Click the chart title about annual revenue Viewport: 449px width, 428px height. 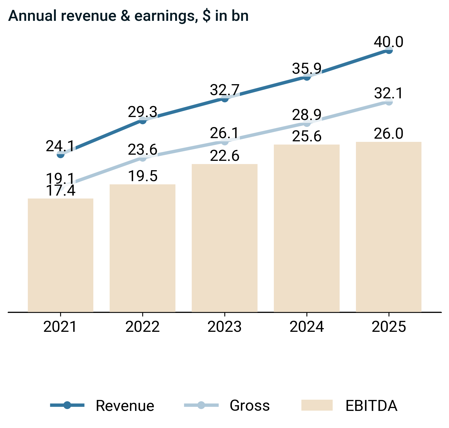[x=128, y=16]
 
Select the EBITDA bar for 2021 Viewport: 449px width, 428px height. [x=61, y=255]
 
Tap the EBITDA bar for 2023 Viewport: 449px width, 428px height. [x=225, y=238]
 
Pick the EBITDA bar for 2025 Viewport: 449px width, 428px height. [x=389, y=227]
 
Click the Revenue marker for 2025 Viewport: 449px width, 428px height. [x=389, y=50]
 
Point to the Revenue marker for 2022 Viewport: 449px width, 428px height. [x=143, y=120]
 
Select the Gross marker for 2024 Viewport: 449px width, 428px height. [x=307, y=123]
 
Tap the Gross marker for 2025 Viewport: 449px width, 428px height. [x=389, y=102]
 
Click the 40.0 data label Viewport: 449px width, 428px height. [x=388, y=42]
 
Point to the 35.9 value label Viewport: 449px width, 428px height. [x=306, y=69]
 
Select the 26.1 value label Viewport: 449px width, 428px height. [x=224, y=133]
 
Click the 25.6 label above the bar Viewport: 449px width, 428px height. [x=306, y=137]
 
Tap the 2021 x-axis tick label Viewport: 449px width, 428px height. [x=60, y=327]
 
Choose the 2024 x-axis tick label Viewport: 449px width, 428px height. [x=307, y=327]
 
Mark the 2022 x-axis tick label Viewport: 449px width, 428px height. [x=143, y=327]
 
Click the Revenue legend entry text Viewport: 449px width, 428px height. [x=125, y=406]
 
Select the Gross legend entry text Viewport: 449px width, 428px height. [x=250, y=405]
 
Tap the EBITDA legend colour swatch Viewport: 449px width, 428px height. [x=317, y=405]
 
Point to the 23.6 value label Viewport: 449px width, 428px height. [x=143, y=150]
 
